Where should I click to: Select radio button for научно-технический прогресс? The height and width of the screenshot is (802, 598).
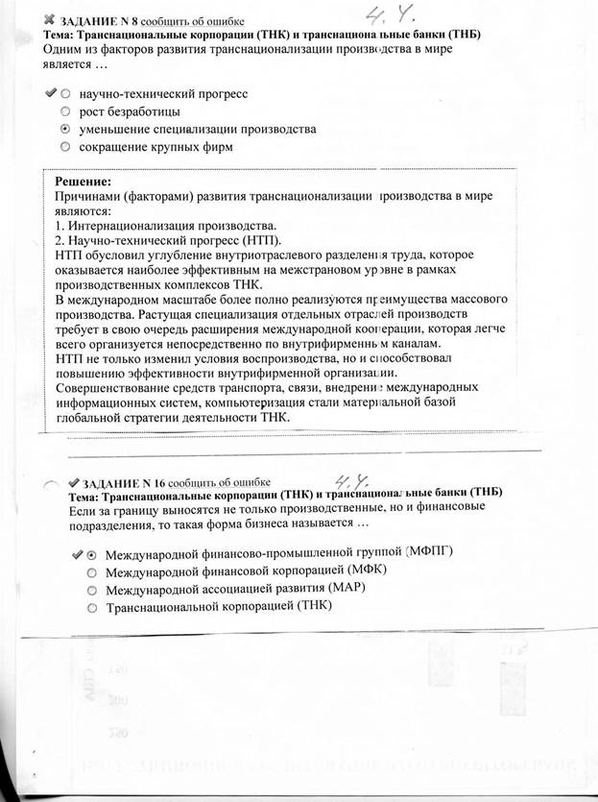tap(64, 94)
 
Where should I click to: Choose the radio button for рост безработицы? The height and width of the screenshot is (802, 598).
tap(64, 111)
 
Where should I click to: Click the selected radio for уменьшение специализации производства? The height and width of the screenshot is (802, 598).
tap(64, 129)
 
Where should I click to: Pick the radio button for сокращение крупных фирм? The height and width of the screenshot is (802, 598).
tap(64, 147)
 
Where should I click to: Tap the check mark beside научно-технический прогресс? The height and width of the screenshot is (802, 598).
tap(50, 94)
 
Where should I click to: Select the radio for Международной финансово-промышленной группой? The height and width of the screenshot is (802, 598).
tap(91, 555)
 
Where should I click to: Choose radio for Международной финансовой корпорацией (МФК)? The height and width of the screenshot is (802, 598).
tap(91, 572)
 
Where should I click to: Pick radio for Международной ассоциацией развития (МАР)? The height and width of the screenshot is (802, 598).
tap(91, 590)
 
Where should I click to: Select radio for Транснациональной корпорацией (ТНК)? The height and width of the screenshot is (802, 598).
tap(91, 607)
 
